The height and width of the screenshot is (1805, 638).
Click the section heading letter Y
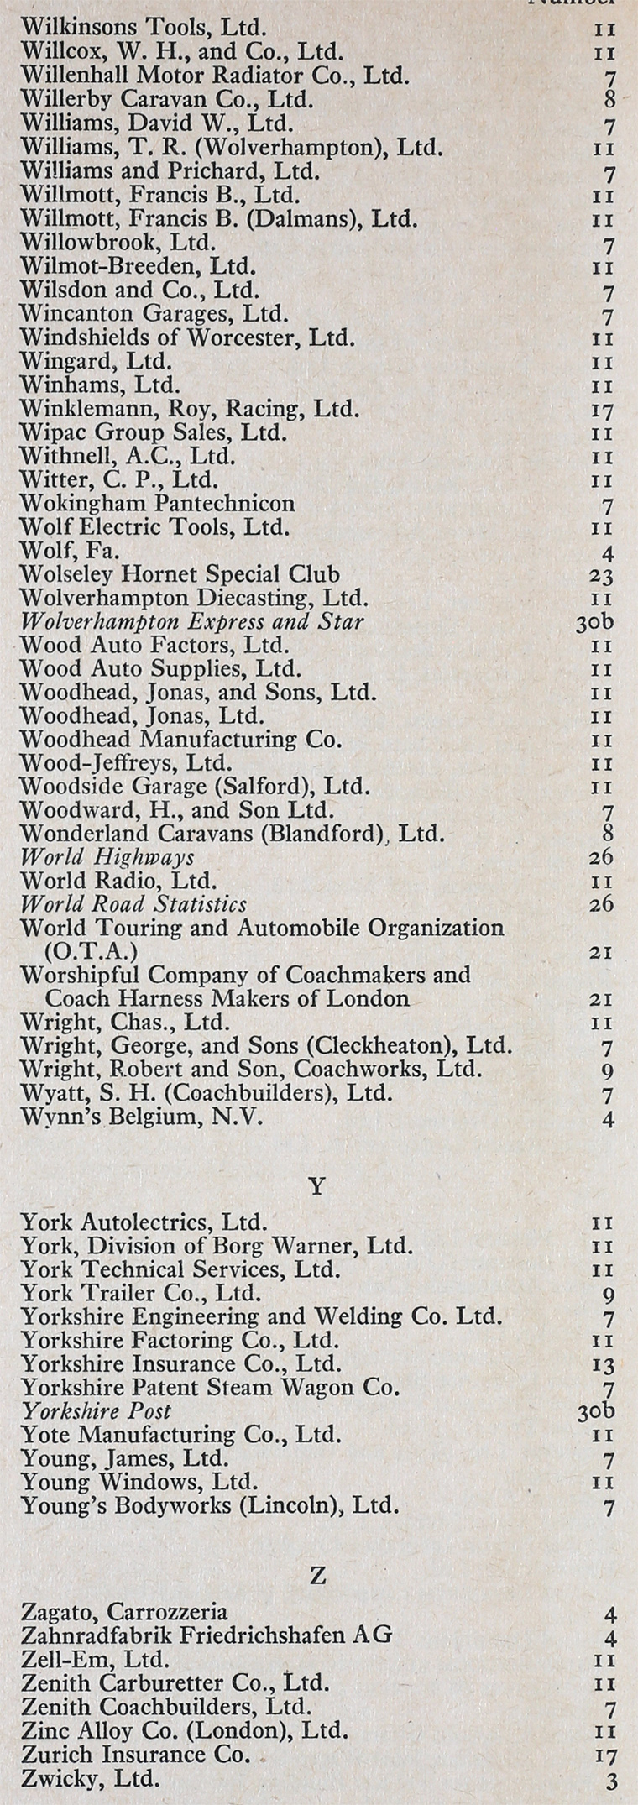pyautogui.click(x=317, y=1187)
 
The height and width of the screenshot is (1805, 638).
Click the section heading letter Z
pyautogui.click(x=317, y=1577)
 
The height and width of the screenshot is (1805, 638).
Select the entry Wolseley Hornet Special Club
pyautogui.click(x=180, y=575)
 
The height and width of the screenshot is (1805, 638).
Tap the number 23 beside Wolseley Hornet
pyautogui.click(x=601, y=577)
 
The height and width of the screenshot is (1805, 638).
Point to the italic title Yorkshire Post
pyautogui.click(x=96, y=1411)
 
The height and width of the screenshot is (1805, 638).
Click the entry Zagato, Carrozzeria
pyautogui.click(x=123, y=1612)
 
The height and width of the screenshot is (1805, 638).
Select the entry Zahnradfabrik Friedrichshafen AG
pyautogui.click(x=206, y=1635)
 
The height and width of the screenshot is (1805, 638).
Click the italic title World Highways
pyautogui.click(x=107, y=857)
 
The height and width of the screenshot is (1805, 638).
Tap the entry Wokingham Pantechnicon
pyautogui.click(x=157, y=504)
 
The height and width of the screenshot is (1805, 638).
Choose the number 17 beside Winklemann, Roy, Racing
pyautogui.click(x=601, y=411)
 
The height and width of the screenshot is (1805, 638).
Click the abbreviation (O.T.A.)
pyautogui.click(x=92, y=952)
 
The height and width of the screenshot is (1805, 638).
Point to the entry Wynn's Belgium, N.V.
pyautogui.click(x=141, y=1117)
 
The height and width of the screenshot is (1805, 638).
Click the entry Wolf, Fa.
pyautogui.click(x=70, y=552)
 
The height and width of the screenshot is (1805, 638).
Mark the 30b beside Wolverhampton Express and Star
pyautogui.click(x=596, y=623)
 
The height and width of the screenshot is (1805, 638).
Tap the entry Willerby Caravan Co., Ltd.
pyautogui.click(x=166, y=99)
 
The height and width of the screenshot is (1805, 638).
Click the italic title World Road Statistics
pyautogui.click(x=133, y=904)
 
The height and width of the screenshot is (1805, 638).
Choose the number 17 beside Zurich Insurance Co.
pyautogui.click(x=602, y=1755)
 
